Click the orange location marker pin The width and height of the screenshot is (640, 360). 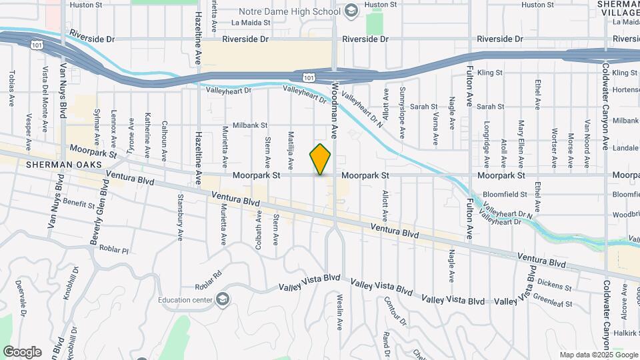tap(321, 159)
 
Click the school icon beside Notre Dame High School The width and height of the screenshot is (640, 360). tap(351, 11)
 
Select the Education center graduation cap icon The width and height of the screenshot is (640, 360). tap(223, 299)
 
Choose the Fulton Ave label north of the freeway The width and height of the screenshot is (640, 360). tap(470, 87)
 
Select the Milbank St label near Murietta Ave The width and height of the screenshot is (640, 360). tap(245, 125)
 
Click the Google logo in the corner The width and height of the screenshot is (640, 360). tap(21, 352)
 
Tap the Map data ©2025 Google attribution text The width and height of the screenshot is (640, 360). tap(597, 355)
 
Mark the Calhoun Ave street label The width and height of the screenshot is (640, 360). tap(164, 141)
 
